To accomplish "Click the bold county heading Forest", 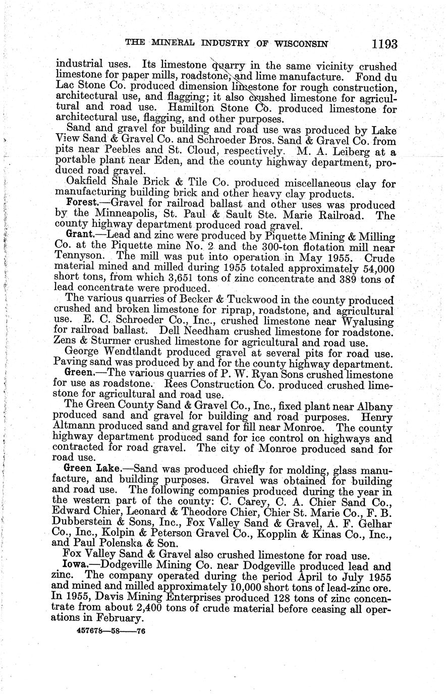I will pos(83,204).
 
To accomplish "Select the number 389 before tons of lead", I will pos(328,278).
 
